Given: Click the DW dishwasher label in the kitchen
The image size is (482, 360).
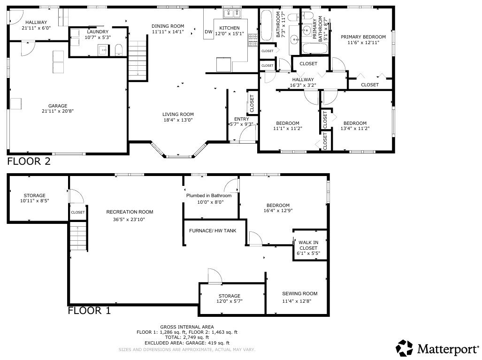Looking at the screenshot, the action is point(208,31).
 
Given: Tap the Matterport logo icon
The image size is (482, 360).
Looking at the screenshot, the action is point(404,348).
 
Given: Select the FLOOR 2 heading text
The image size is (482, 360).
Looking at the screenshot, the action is point(29,161).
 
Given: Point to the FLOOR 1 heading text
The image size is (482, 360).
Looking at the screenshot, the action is point(89,311).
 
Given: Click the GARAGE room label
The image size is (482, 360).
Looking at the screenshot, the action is point(58,106).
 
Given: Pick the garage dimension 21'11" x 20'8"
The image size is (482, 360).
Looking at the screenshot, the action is point(58,111).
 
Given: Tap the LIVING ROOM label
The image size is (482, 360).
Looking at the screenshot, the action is point(178,115).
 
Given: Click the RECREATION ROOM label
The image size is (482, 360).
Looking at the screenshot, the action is point(130,212).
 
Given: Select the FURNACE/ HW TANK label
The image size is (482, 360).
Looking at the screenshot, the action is point(213,230).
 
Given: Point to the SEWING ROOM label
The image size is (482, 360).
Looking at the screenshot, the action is point(300,294).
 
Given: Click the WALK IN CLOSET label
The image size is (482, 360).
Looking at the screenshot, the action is point(308,245).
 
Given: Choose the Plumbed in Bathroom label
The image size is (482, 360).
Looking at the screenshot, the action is point(209,196).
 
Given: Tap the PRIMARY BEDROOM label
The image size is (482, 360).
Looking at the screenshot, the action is point(363,37).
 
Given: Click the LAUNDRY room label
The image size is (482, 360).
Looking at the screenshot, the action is point(98,31).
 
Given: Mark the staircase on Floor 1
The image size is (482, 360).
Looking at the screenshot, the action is point(79,236).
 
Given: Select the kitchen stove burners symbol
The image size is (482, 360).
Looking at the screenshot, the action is point(253,40).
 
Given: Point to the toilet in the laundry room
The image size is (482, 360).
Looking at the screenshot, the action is point(119,50).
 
